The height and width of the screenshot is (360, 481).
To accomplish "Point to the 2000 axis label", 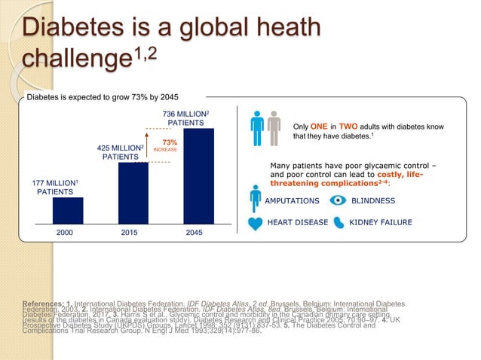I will click(67, 233).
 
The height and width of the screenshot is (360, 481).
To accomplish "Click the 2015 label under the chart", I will click(133, 233).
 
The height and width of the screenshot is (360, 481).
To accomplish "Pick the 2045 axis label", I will click(198, 233).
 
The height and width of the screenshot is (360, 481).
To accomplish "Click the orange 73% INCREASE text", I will click(165, 145).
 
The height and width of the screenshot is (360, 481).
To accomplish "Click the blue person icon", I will click(259, 129).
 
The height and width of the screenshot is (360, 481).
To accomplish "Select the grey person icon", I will click(274, 129).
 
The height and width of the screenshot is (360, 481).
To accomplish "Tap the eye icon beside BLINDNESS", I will click(339, 200).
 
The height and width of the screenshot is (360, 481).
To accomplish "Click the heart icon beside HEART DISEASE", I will click(256, 223).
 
